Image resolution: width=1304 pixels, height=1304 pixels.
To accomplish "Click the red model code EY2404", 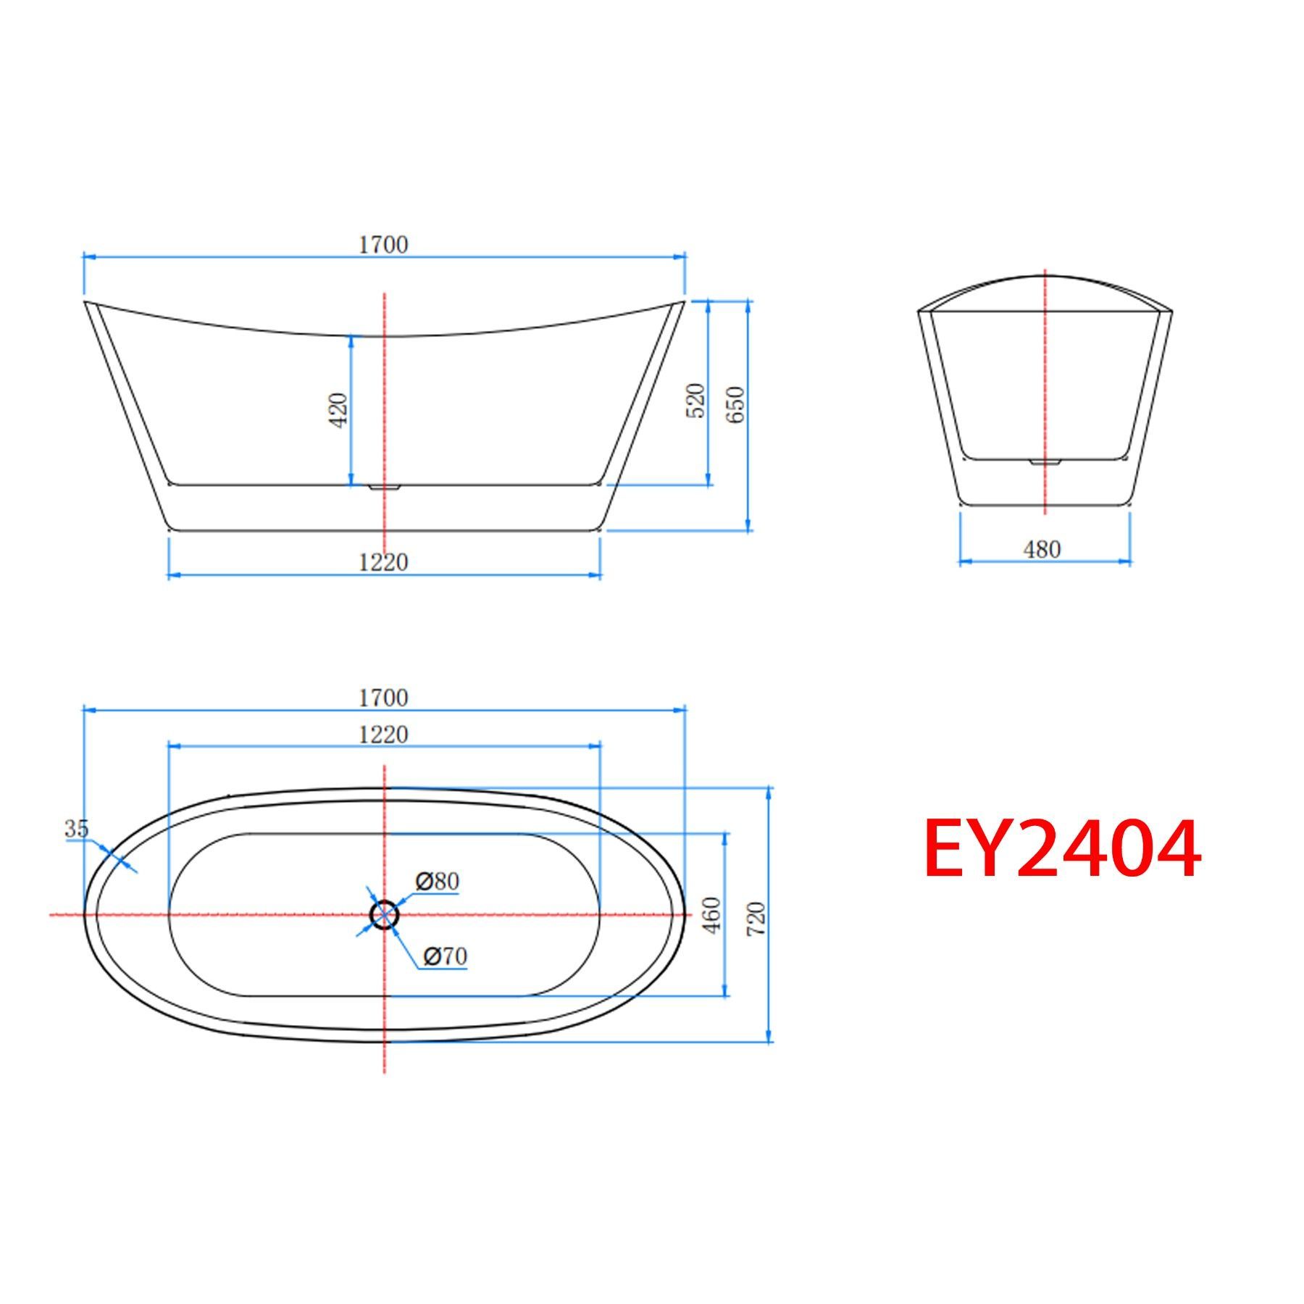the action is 1062,848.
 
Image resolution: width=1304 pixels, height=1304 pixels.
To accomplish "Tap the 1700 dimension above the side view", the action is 384,245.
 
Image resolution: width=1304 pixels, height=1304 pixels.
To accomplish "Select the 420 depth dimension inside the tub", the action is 338,409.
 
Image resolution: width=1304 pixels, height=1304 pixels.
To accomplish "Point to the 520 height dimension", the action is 695,400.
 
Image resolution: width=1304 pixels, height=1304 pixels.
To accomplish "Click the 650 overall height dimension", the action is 735,405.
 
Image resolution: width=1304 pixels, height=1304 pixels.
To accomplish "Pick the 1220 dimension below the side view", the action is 384,561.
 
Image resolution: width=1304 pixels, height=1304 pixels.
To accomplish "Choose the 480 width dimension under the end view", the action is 1042,550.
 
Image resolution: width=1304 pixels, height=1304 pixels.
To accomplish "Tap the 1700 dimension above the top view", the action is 384,698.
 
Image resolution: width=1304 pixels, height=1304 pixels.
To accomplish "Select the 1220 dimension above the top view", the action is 384,735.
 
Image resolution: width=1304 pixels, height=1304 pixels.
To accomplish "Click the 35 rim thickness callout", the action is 76,828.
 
